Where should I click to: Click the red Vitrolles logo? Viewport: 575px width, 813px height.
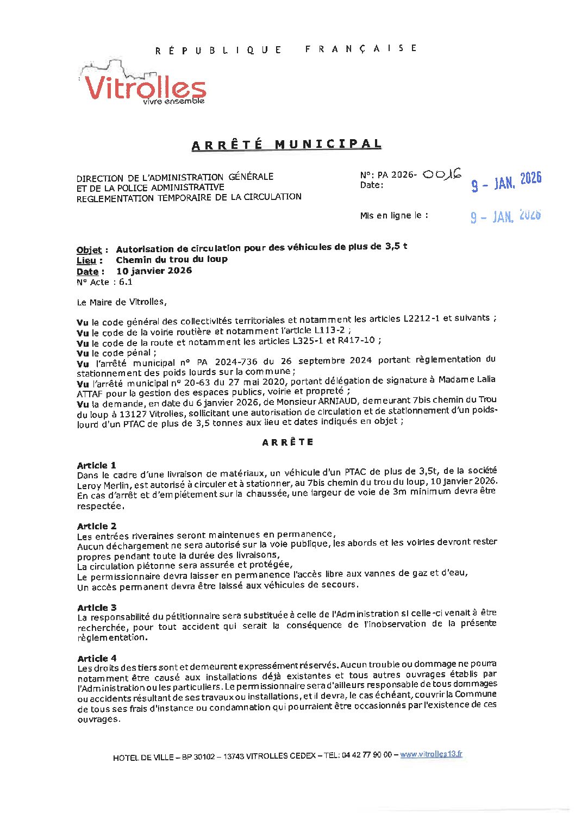tap(144, 87)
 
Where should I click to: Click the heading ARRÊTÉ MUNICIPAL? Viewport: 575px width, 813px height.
tap(286, 145)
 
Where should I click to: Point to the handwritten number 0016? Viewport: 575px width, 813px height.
tap(441, 174)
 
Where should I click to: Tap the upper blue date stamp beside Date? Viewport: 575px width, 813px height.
tap(506, 182)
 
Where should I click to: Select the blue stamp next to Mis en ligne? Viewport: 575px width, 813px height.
tap(505, 216)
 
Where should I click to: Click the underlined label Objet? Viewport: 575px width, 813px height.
tap(89, 250)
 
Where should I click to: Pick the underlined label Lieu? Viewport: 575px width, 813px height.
tap(86, 261)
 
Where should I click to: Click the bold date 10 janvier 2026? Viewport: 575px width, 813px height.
tap(154, 271)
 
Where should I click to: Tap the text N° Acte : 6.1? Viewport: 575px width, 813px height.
tap(104, 282)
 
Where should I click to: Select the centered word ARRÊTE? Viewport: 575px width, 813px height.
tap(287, 442)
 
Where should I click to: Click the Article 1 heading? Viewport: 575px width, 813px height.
tap(97, 465)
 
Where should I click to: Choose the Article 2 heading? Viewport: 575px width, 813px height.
tap(97, 526)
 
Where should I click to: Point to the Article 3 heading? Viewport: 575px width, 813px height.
tap(97, 608)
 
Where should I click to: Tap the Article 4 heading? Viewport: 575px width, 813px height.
tap(97, 658)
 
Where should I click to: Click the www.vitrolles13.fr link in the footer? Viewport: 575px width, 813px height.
tap(431, 754)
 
